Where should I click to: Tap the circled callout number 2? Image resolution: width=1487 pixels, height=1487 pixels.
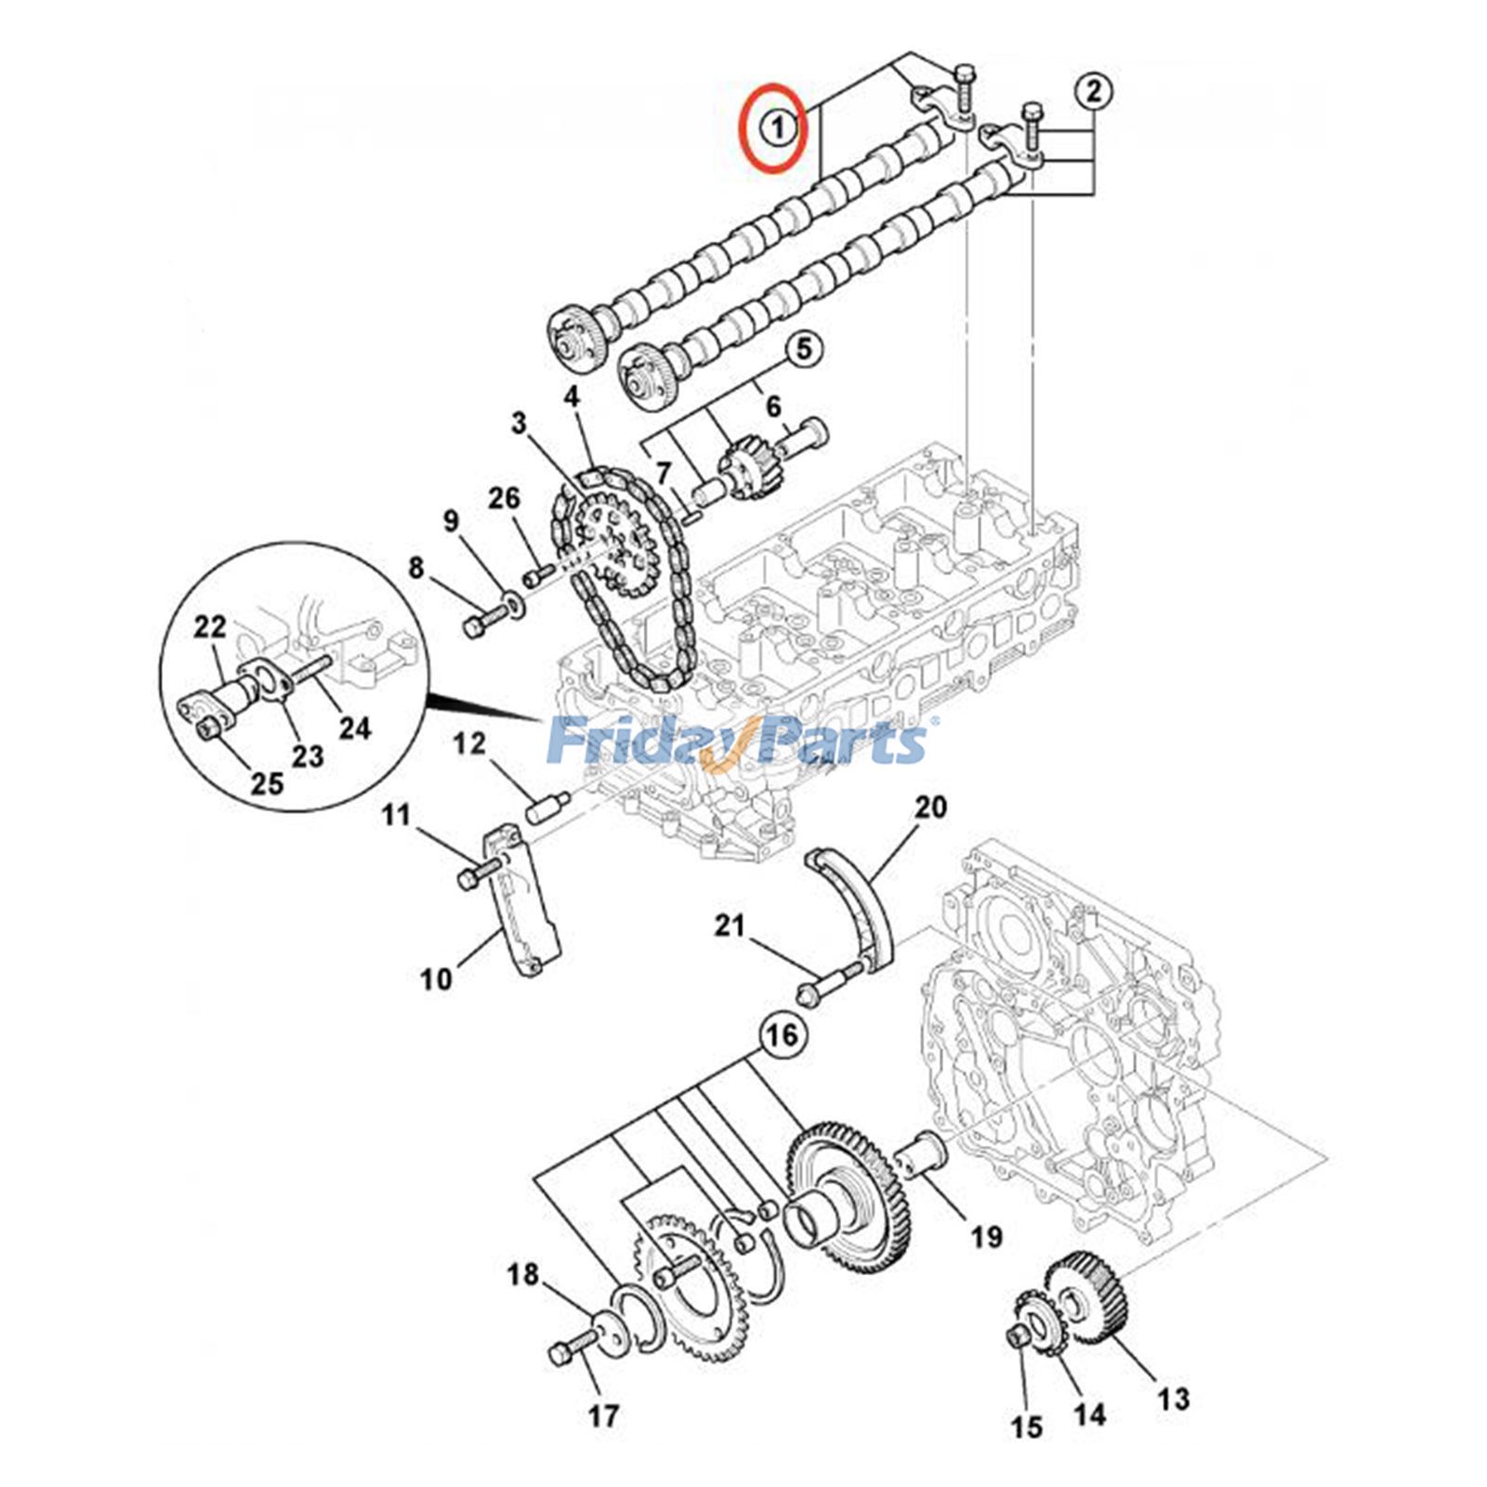point(1094,91)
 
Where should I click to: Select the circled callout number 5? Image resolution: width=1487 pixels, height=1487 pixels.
point(804,349)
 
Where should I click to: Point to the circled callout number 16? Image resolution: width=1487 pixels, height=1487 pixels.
point(783,1034)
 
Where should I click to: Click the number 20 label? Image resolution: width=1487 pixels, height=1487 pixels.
point(930,807)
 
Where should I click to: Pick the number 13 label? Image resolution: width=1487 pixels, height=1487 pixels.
point(1174,1398)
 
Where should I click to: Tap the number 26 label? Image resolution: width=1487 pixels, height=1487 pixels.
point(505,499)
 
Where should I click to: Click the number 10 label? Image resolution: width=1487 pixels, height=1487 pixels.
point(436,978)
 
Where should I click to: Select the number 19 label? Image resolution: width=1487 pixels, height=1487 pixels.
point(987,1236)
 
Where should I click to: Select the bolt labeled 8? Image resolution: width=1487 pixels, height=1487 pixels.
point(479,624)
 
